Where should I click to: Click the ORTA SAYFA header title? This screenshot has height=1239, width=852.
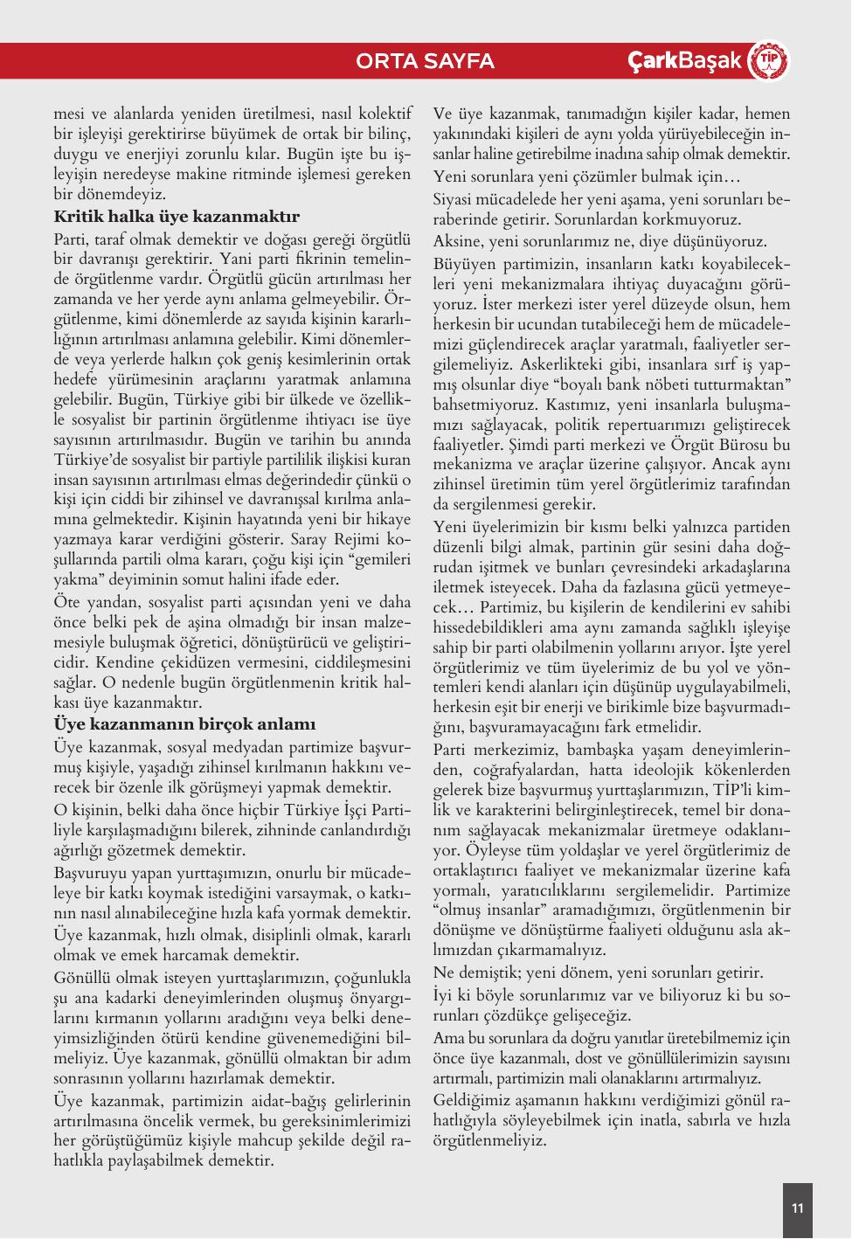pos(426,61)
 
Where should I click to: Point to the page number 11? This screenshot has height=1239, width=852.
pos(797,1208)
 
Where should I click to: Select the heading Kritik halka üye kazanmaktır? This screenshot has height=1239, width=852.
pos(177,217)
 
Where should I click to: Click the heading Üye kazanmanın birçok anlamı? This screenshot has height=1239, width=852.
pos(184,724)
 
